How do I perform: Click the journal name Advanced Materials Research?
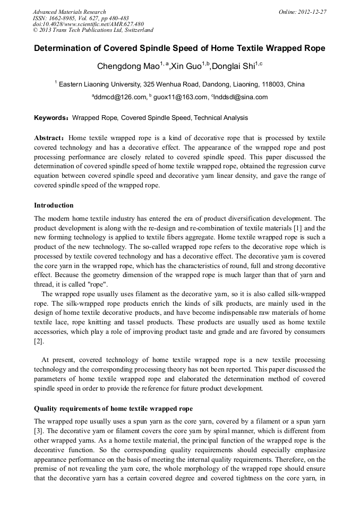(x=70, y=12)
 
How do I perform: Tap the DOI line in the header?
(x=88, y=24)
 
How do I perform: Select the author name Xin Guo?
(x=187, y=66)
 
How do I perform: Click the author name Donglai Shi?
(x=232, y=66)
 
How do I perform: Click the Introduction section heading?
(x=54, y=205)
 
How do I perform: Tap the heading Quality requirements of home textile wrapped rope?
(x=113, y=409)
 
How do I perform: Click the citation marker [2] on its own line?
(x=39, y=342)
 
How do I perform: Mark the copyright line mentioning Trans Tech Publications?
(x=93, y=30)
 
